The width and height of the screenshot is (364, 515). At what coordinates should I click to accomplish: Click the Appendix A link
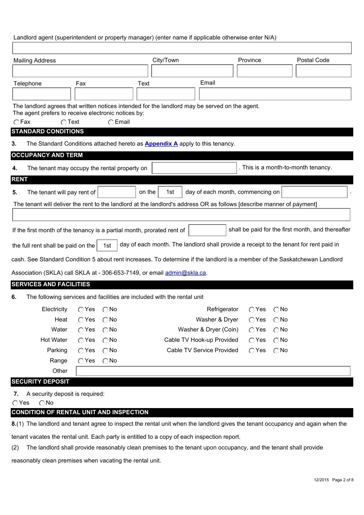click(x=161, y=144)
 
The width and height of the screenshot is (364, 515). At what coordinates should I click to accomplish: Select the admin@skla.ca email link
click(x=185, y=273)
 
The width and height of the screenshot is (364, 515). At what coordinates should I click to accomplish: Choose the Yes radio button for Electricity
click(x=81, y=310)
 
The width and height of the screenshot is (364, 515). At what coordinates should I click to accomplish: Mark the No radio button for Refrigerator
click(x=276, y=310)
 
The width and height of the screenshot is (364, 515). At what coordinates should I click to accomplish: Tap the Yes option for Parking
click(x=81, y=351)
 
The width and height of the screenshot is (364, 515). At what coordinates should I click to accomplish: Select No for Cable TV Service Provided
click(x=276, y=351)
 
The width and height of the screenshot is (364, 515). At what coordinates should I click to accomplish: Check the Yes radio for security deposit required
click(x=15, y=403)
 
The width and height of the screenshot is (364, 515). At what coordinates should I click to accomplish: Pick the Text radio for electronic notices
click(x=64, y=122)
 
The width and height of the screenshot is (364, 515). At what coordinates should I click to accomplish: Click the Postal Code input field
click(x=323, y=71)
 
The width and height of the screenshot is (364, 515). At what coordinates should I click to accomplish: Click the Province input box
click(x=264, y=71)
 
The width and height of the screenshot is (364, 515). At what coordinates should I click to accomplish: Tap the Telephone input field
click(x=41, y=94)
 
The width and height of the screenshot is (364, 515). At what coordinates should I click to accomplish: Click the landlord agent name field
click(x=182, y=48)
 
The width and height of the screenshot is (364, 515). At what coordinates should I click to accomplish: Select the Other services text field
click(x=213, y=371)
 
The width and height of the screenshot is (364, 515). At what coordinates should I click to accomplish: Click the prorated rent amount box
click(x=207, y=230)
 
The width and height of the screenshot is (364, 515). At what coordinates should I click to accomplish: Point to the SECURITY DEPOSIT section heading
click(x=40, y=382)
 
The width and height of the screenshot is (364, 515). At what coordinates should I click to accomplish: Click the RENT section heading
click(x=20, y=179)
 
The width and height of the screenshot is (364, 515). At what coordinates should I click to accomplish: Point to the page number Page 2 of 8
click(x=343, y=480)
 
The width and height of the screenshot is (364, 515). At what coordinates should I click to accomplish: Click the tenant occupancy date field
click(x=194, y=168)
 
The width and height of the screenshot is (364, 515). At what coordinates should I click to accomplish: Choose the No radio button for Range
click(x=105, y=361)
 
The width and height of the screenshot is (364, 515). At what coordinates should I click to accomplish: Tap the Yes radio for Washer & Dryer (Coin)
click(x=252, y=330)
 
